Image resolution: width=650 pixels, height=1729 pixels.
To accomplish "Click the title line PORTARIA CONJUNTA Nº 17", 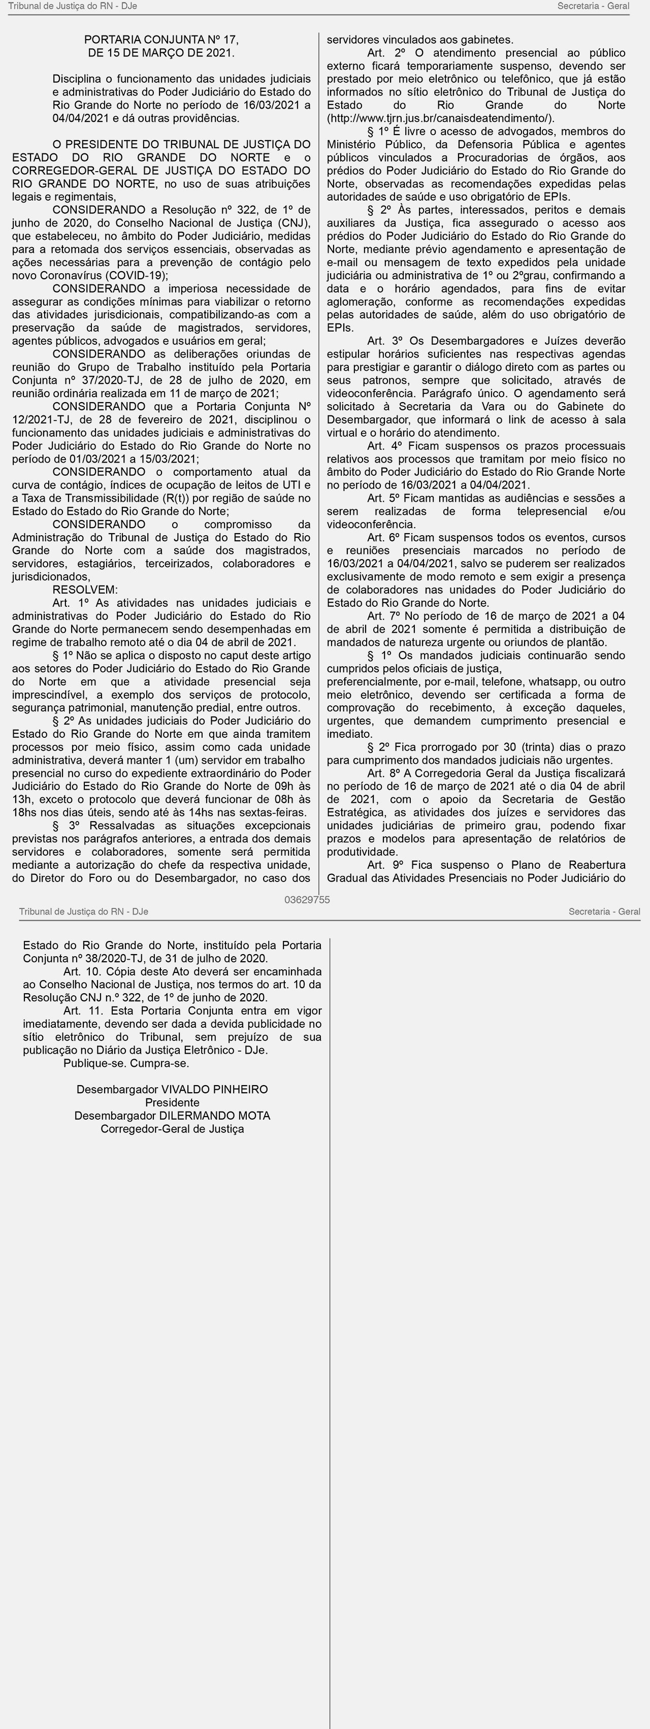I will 161,40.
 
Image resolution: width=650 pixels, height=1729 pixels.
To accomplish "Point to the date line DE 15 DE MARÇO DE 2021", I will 161,52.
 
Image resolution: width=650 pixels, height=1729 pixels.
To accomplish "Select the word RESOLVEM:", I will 85,590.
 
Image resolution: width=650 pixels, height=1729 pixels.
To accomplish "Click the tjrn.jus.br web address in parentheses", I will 440,118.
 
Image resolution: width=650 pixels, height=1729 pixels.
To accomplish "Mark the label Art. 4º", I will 384,446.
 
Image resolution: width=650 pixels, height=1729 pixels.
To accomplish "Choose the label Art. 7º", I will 384,615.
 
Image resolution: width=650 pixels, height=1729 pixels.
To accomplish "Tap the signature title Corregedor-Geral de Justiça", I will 172,1129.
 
